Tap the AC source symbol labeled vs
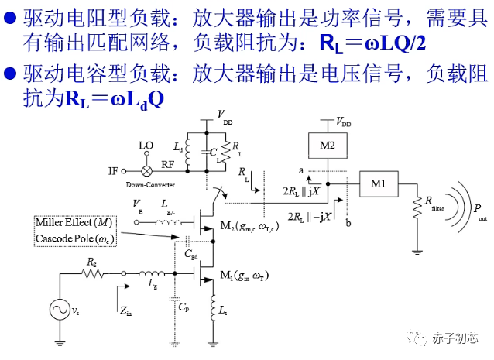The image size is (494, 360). click(58, 310)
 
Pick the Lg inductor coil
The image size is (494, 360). click(152, 273)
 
